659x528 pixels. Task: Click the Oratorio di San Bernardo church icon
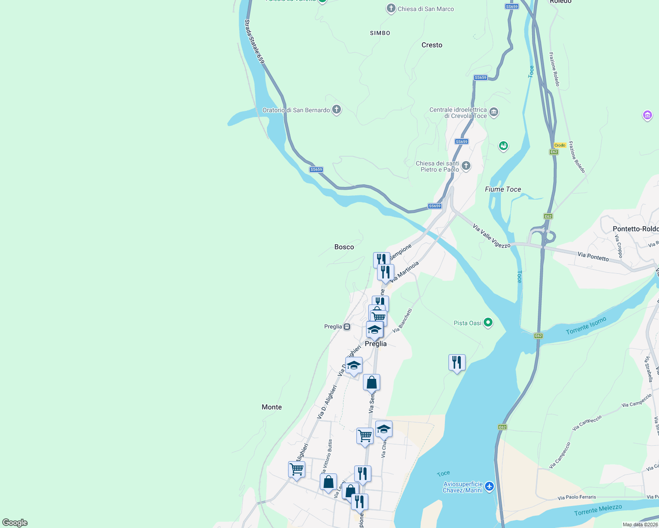tap(337, 110)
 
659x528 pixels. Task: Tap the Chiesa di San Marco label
tap(426, 9)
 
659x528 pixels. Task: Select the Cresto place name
tap(432, 45)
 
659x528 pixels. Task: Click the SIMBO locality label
tap(380, 33)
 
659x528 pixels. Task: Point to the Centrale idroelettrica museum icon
tap(494, 112)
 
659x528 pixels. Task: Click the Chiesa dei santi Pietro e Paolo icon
tap(466, 166)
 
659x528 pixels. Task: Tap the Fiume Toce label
tap(503, 189)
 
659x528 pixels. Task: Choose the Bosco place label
tap(344, 247)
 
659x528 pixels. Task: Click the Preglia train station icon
tap(347, 326)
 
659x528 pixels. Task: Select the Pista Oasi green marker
tap(488, 323)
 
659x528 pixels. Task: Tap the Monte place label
tap(272, 407)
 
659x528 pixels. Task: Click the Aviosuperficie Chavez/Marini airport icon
tap(489, 487)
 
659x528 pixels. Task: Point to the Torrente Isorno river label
tap(586, 326)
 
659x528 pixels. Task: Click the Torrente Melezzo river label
tap(598, 510)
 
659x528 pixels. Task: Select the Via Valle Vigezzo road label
tap(491, 236)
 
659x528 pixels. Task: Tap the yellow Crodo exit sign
tap(560, 145)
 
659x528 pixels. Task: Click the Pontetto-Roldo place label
tap(635, 229)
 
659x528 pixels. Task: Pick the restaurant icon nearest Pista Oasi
tap(457, 363)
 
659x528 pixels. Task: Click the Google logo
tap(15, 523)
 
